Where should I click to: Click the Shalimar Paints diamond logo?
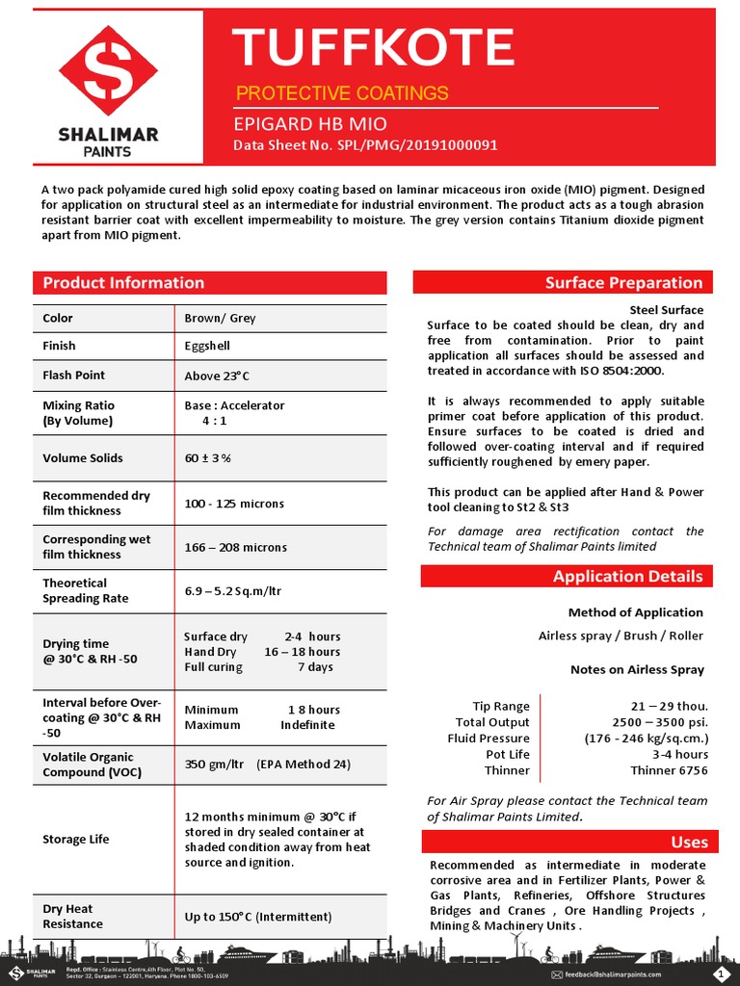pyautogui.click(x=108, y=71)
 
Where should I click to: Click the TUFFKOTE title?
pyautogui.click(x=375, y=47)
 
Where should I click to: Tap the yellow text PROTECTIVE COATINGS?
pyautogui.click(x=342, y=93)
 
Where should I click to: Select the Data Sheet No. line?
pyautogui.click(x=365, y=146)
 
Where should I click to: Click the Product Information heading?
pyautogui.click(x=123, y=283)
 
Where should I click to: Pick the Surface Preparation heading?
pyautogui.click(x=623, y=283)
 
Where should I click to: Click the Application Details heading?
pyautogui.click(x=627, y=577)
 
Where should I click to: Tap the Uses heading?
pyautogui.click(x=689, y=843)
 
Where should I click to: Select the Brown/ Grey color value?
pyautogui.click(x=220, y=318)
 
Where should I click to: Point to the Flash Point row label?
pyautogui.click(x=74, y=375)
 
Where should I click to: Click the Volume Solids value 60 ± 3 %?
pyautogui.click(x=207, y=458)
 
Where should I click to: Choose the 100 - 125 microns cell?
pyautogui.click(x=234, y=504)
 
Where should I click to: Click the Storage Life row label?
pyautogui.click(x=76, y=840)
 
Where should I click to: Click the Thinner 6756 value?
pyautogui.click(x=669, y=770)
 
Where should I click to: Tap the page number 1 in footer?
pyautogui.click(x=723, y=973)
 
